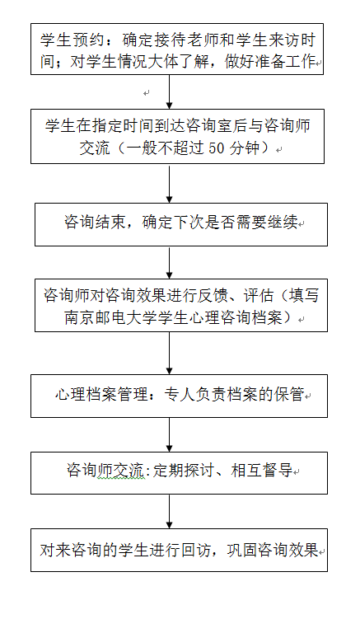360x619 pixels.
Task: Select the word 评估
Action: (x=258, y=295)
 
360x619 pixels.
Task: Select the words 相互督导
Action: (x=261, y=471)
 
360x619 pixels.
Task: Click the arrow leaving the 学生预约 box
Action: (x=170, y=91)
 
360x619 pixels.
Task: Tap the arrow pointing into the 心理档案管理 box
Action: (x=170, y=353)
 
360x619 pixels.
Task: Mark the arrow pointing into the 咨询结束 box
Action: (x=170, y=183)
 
